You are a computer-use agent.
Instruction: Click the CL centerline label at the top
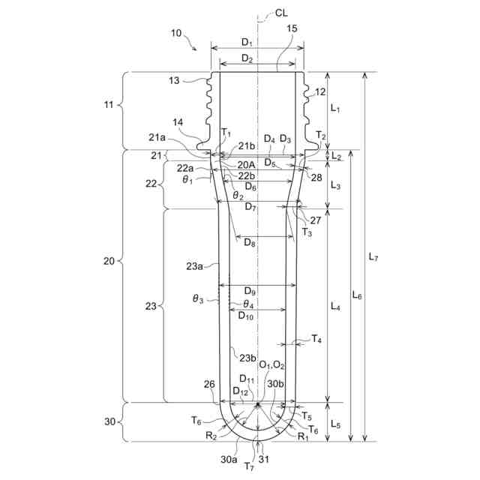(x=281, y=13)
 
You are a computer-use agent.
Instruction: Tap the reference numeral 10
(x=176, y=33)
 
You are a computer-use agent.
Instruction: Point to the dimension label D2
(x=247, y=58)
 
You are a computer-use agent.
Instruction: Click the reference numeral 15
(x=292, y=28)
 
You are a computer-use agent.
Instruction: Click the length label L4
(x=335, y=306)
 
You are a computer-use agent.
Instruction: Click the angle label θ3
(x=198, y=299)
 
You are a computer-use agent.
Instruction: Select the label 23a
(x=195, y=265)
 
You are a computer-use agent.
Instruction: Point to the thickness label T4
(x=317, y=339)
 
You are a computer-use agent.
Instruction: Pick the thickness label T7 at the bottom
(x=249, y=466)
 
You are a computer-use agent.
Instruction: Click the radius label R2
(x=211, y=435)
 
